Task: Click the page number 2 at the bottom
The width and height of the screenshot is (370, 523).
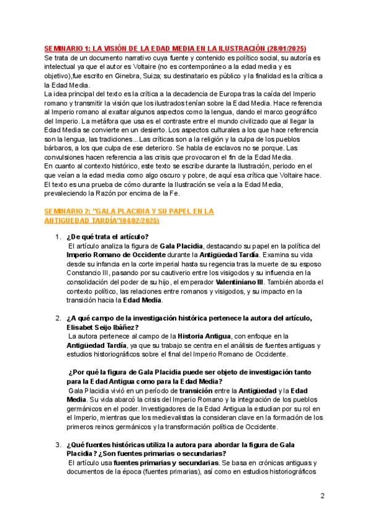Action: click(323, 495)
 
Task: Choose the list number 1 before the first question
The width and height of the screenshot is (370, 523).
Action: click(57, 237)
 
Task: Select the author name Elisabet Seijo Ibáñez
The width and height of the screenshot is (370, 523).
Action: click(102, 327)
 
